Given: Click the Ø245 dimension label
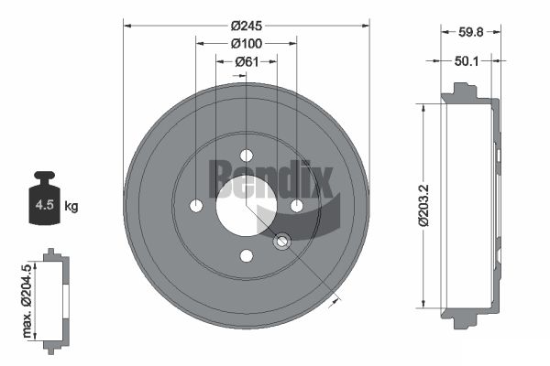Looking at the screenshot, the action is point(247,26).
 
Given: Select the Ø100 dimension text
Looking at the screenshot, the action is point(247,44).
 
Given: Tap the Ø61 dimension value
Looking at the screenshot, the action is point(247,62).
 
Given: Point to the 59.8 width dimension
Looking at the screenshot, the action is point(471,32).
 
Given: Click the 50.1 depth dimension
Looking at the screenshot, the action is point(467,61).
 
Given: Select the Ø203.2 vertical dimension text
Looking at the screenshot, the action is point(424,206).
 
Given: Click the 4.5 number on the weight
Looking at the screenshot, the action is point(45,205).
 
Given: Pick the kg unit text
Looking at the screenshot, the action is point(71,206).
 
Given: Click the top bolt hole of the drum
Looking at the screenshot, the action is point(247,156).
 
